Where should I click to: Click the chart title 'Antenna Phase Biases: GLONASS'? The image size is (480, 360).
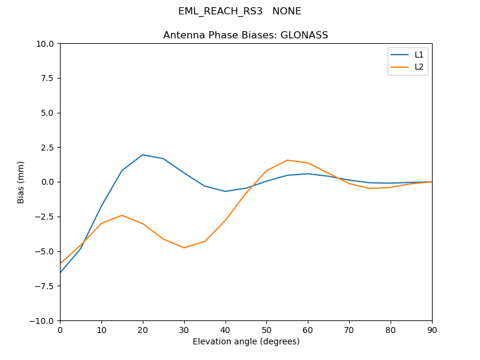point(245,35)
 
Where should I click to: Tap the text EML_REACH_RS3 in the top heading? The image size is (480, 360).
point(220,11)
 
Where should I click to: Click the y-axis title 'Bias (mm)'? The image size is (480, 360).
point(21,182)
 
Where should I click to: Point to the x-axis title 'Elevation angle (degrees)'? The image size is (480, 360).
point(245,342)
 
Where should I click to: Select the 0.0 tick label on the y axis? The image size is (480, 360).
point(47,182)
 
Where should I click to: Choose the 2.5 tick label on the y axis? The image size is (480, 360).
point(47,148)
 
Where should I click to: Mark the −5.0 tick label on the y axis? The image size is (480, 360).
point(45,251)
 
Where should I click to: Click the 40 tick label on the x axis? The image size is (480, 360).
point(225,330)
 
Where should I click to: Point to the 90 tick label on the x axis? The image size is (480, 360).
point(431,330)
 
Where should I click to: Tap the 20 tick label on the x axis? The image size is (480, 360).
point(143,330)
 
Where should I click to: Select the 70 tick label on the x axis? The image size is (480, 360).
point(349,330)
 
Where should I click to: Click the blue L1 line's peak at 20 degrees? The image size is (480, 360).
point(143,155)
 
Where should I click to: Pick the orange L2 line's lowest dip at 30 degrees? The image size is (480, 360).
point(184,248)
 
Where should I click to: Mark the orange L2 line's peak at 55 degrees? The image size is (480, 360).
point(287,160)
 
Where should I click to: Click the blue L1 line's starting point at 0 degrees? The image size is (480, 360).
point(61,272)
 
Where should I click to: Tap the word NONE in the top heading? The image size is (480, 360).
point(287,11)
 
